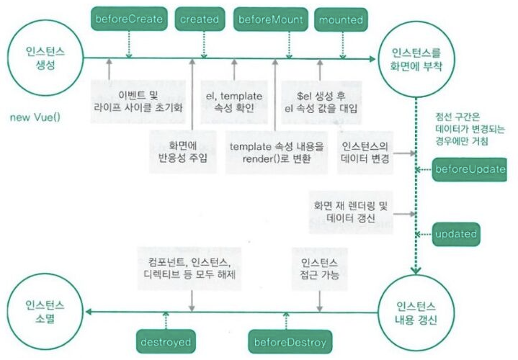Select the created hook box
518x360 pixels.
(x=197, y=19)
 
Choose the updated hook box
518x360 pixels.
(x=457, y=234)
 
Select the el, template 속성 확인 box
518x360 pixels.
(x=233, y=101)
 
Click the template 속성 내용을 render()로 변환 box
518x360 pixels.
(x=276, y=153)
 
